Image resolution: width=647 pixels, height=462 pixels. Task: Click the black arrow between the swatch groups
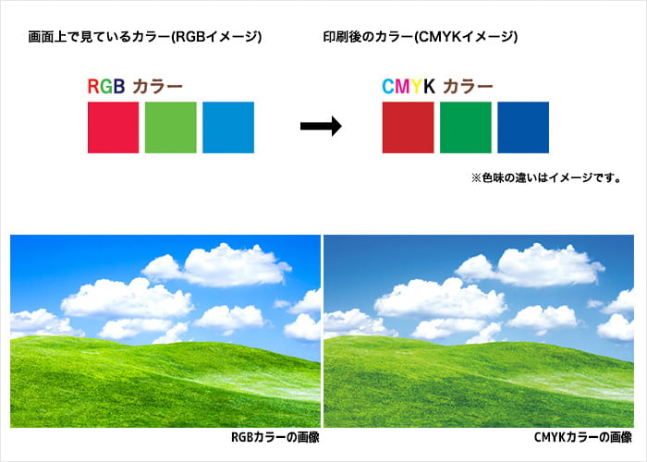[321, 128]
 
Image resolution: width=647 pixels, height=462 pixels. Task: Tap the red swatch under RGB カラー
[113, 128]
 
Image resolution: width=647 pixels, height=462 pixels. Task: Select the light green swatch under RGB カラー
[170, 128]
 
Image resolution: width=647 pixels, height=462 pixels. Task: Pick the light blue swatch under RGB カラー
[227, 128]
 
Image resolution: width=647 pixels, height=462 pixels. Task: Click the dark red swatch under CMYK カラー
[408, 128]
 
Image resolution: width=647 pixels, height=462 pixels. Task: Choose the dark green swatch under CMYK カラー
[465, 128]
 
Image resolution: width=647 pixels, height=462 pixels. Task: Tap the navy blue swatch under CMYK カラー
[522, 128]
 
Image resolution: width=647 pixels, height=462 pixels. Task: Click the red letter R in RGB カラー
[93, 88]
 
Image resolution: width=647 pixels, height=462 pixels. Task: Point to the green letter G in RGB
[105, 88]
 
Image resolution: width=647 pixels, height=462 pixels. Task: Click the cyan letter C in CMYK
[388, 88]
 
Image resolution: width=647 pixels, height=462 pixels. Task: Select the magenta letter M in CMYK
[402, 88]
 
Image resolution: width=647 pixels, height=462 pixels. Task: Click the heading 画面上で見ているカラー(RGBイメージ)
[145, 38]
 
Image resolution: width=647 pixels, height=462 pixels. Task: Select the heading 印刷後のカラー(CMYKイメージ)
[420, 38]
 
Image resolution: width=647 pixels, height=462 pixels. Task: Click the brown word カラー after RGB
[157, 88]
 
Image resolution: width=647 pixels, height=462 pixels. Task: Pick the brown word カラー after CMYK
[468, 88]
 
